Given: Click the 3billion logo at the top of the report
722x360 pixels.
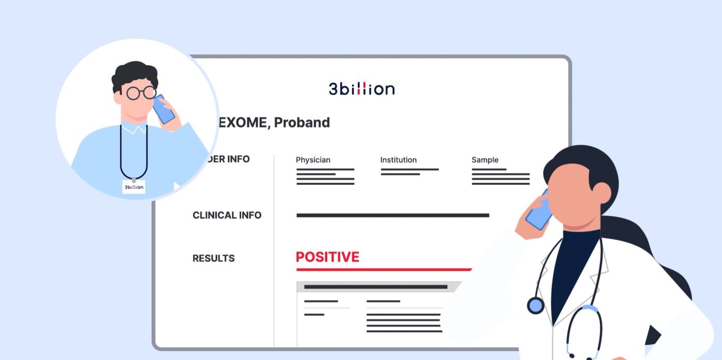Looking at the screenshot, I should tap(361, 89).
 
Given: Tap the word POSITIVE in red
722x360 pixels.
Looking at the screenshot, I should tap(327, 257).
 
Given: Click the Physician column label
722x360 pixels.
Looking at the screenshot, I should tap(313, 160).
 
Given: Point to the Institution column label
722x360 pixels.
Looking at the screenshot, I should tap(398, 160).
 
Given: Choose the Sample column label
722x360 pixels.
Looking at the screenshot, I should tap(484, 160).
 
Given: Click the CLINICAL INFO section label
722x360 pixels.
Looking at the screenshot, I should tap(227, 215).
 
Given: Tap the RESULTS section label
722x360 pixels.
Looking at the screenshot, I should tap(213, 258).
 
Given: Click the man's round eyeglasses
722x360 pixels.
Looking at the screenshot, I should tap(141, 93).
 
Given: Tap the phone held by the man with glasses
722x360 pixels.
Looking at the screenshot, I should tap(164, 109).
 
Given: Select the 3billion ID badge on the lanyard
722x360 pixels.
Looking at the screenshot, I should tap(134, 187).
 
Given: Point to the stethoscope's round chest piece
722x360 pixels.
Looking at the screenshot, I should tap(536, 305).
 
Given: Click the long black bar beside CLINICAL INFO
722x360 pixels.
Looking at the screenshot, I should tap(392, 215).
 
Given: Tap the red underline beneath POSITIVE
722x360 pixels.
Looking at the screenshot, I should tap(384, 269).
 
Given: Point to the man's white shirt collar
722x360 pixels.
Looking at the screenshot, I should tap(134, 128).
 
